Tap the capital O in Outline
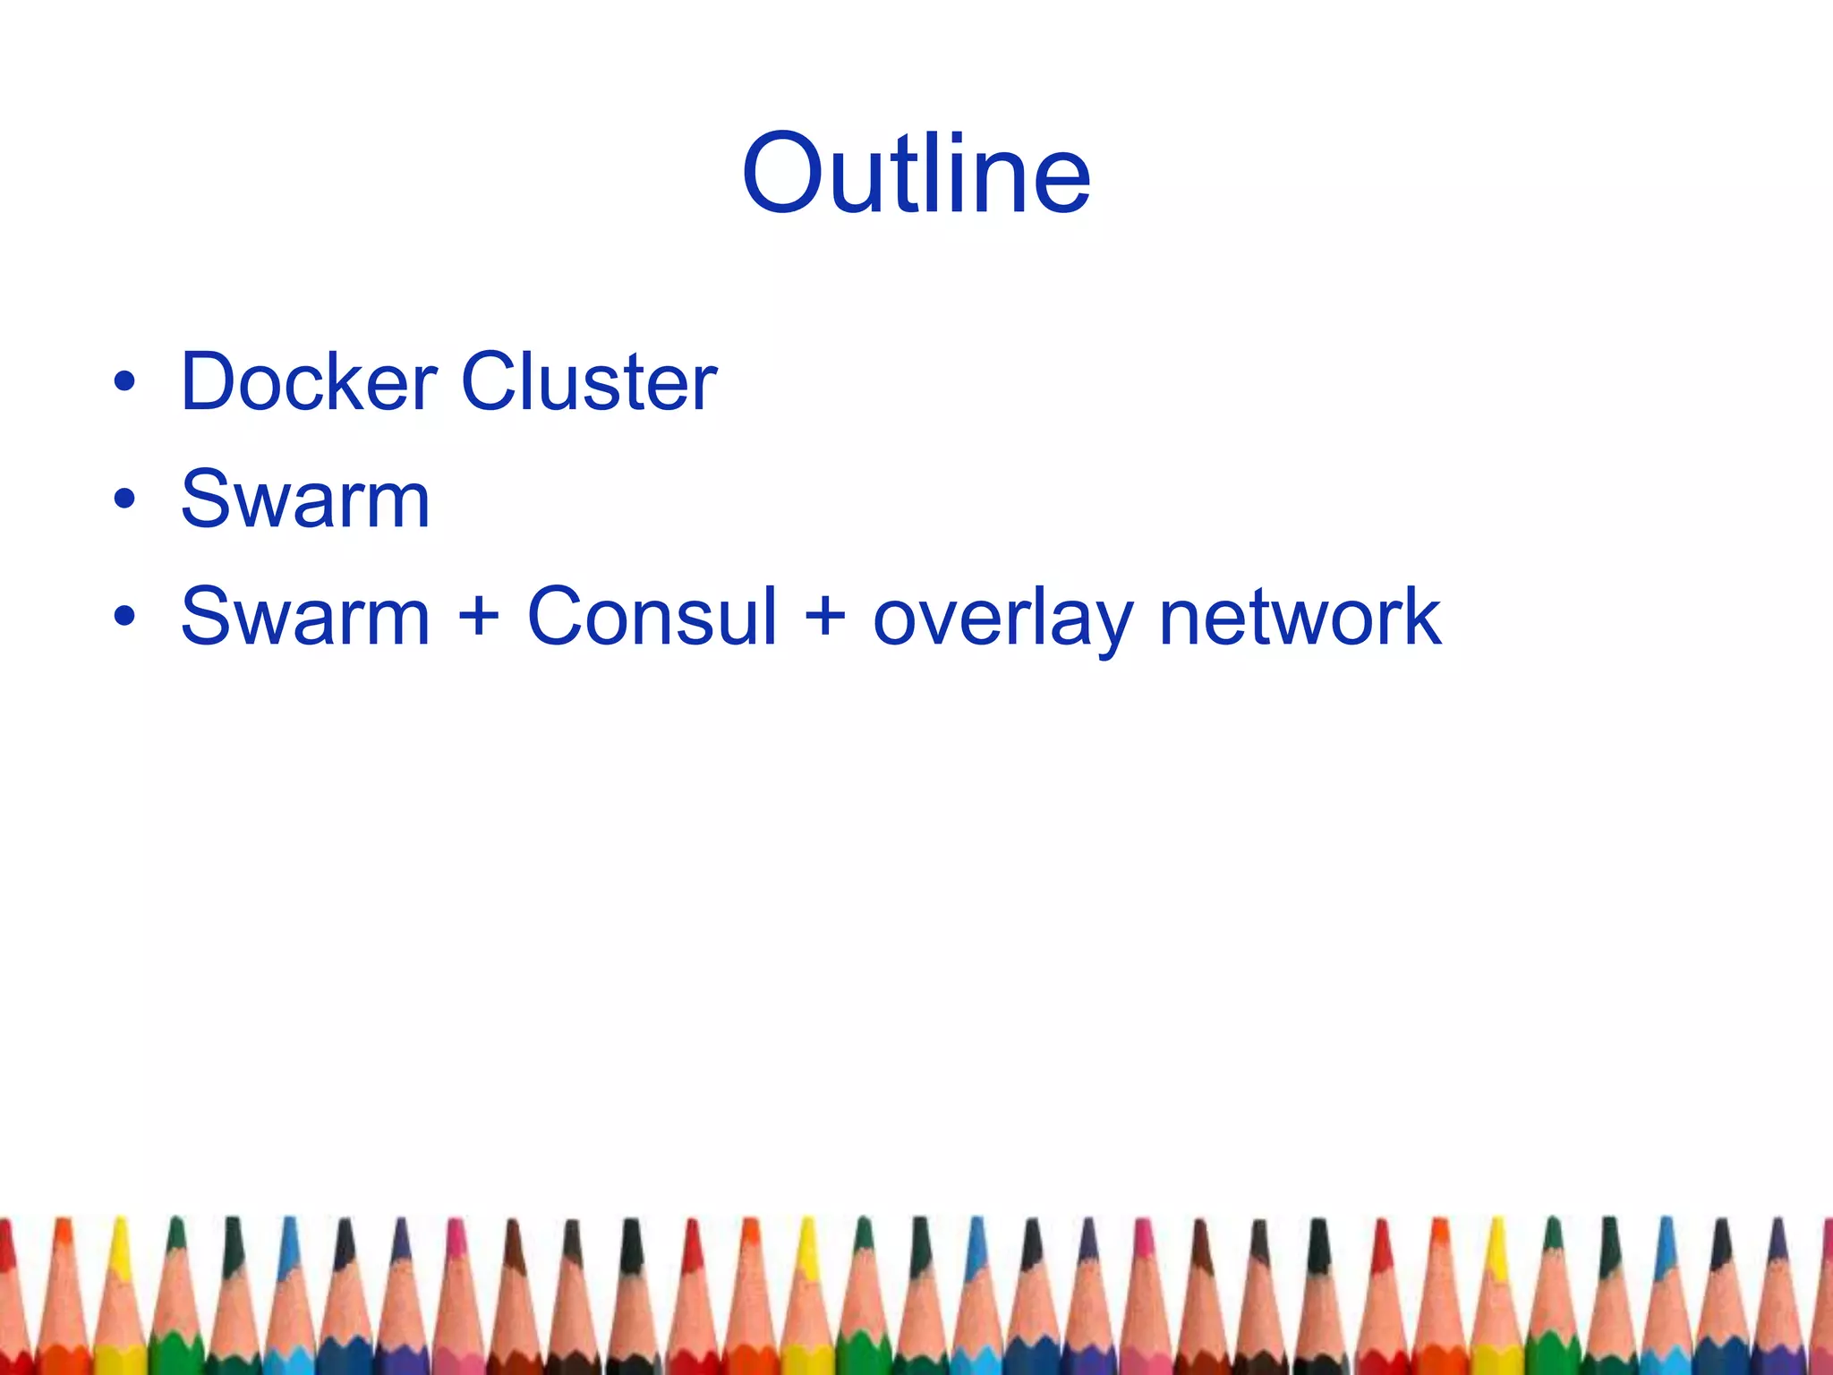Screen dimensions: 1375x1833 pyautogui.click(x=787, y=175)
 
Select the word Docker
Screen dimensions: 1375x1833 pyautogui.click(x=309, y=382)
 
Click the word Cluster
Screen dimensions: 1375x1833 pyautogui.click(x=588, y=382)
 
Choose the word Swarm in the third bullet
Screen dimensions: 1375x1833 pyautogui.click(x=305, y=617)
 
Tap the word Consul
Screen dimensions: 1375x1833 pyautogui.click(x=652, y=617)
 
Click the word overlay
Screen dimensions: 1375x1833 pyautogui.click(x=1002, y=619)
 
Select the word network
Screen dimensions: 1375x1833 pyautogui.click(x=1300, y=617)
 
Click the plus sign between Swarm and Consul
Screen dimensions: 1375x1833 pyautogui.click(x=479, y=619)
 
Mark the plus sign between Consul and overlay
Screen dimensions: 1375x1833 pyautogui.click(x=824, y=619)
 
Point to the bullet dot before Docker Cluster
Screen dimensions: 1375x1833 pyautogui.click(x=124, y=383)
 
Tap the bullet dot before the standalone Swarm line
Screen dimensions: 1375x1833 pyautogui.click(x=124, y=500)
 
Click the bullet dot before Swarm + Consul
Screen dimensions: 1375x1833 pyautogui.click(x=124, y=617)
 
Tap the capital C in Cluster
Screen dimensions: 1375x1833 pyautogui.click(x=491, y=382)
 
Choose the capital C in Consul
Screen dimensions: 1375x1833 pyautogui.click(x=558, y=617)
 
